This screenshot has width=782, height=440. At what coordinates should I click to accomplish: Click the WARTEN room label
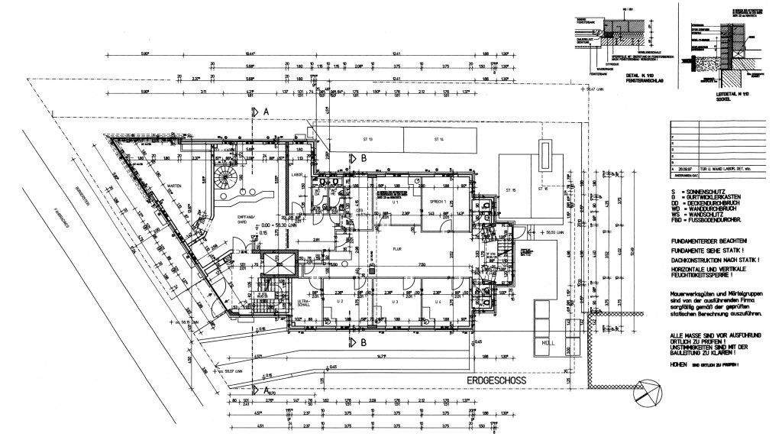point(174,186)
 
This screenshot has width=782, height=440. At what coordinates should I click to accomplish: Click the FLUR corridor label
point(397,248)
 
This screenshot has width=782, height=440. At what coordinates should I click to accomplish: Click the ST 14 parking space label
point(439,140)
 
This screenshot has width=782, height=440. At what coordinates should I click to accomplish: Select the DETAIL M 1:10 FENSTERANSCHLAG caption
point(639,78)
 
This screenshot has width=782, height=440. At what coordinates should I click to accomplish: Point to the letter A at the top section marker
point(266,112)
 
